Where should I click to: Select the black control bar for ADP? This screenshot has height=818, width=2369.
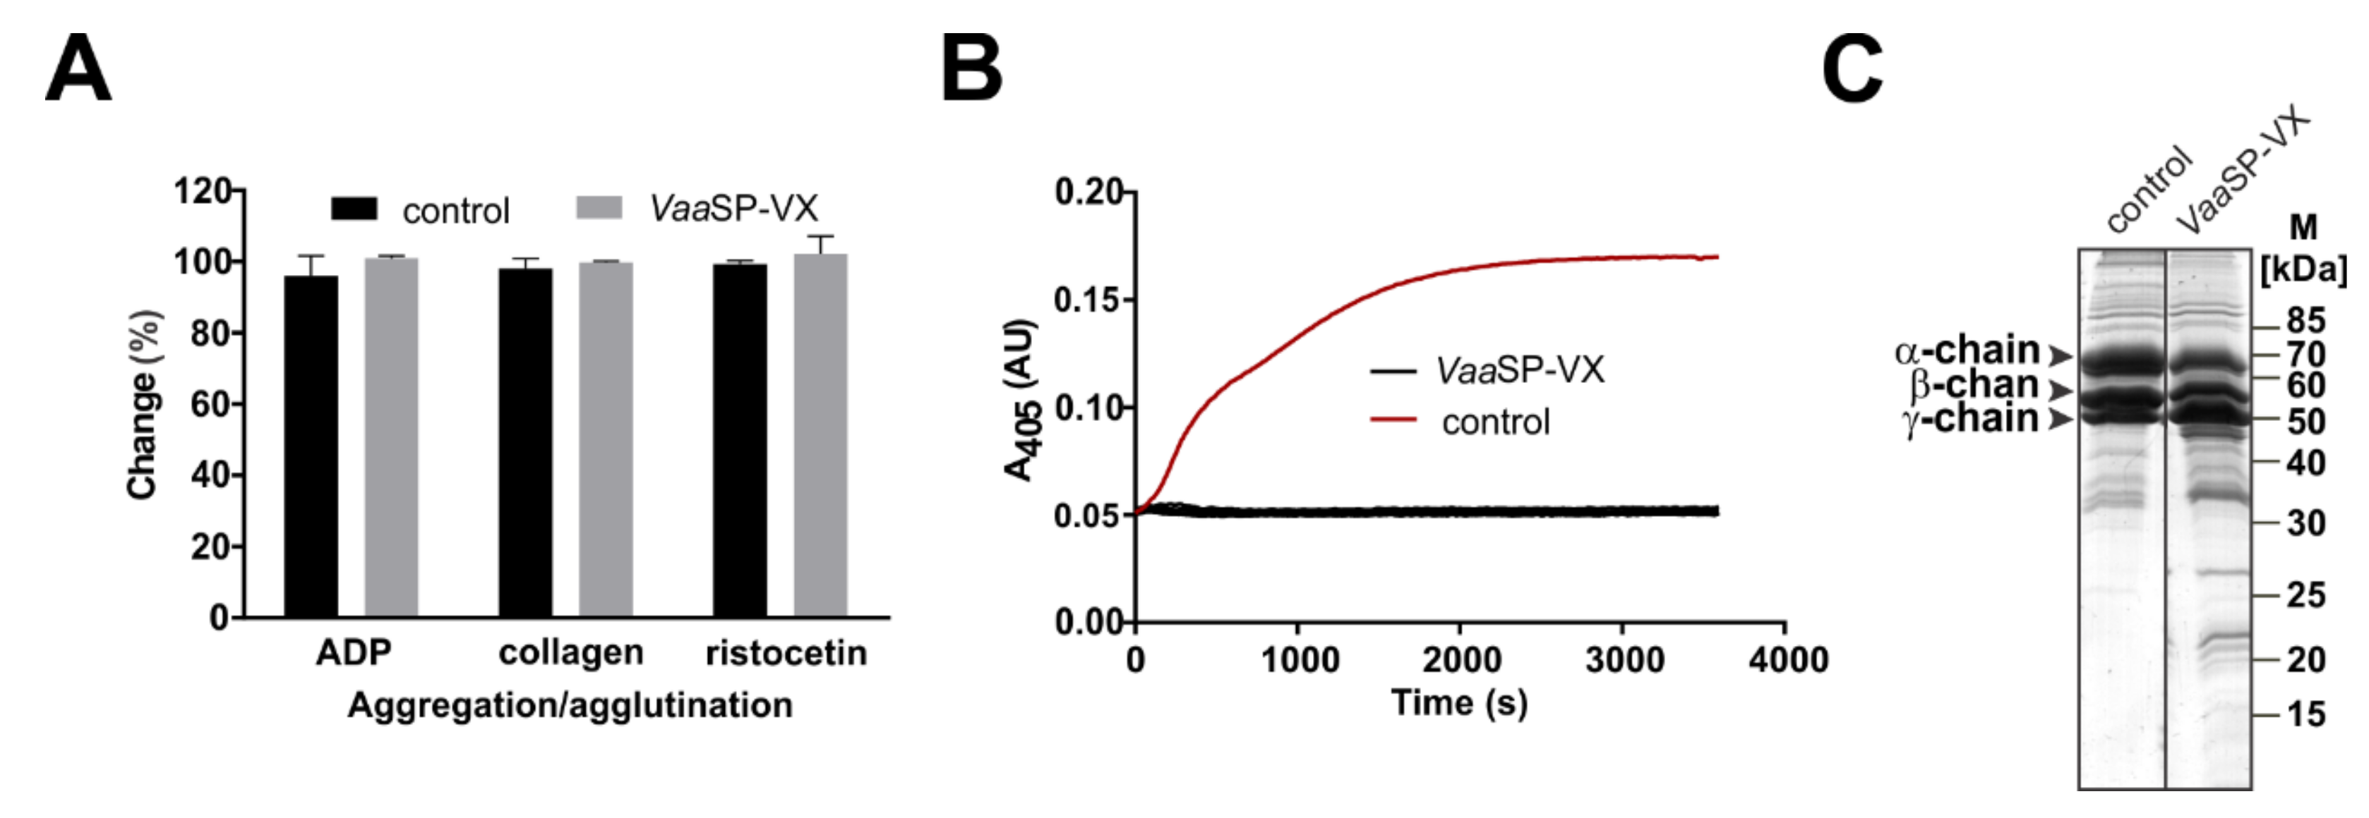tap(310, 446)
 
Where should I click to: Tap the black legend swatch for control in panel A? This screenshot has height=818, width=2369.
tap(354, 209)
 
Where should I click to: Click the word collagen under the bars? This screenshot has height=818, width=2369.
tap(570, 652)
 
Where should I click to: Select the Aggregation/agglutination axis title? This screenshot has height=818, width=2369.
tap(570, 705)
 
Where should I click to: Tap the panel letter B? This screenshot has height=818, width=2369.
tap(971, 69)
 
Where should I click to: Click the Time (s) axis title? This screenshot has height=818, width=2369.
tap(1460, 703)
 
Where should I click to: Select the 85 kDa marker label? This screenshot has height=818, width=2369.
tap(2305, 321)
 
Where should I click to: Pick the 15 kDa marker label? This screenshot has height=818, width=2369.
tap(2305, 714)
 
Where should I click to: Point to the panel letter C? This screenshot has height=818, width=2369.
tap(1852, 69)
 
